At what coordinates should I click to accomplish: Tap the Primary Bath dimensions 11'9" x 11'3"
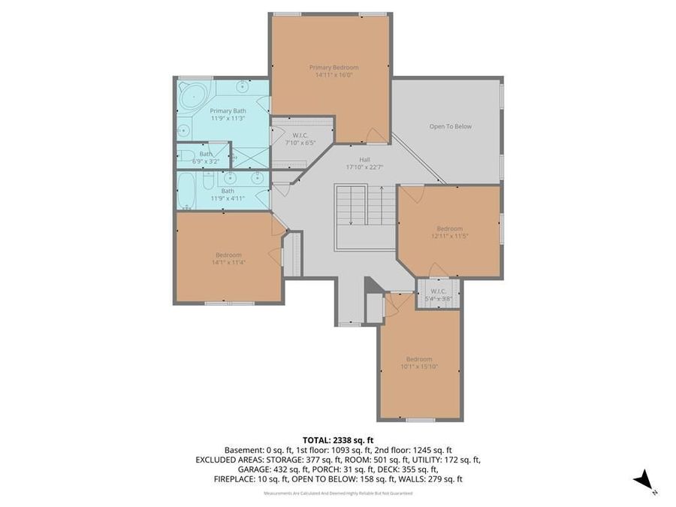[x=228, y=119]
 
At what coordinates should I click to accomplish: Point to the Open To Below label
[x=450, y=126]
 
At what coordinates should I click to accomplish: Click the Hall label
[x=364, y=159]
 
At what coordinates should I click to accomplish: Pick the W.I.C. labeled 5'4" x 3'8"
[x=439, y=295]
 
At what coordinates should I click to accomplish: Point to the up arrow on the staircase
[x=382, y=205]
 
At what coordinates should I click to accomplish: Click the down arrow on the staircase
[x=351, y=205]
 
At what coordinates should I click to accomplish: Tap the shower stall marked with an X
[x=252, y=156]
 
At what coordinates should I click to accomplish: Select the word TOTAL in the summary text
[x=318, y=439]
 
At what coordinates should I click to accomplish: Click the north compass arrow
[x=642, y=479]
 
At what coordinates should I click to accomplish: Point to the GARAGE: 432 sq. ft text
[x=238, y=469]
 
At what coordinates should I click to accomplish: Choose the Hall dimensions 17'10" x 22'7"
[x=364, y=167]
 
